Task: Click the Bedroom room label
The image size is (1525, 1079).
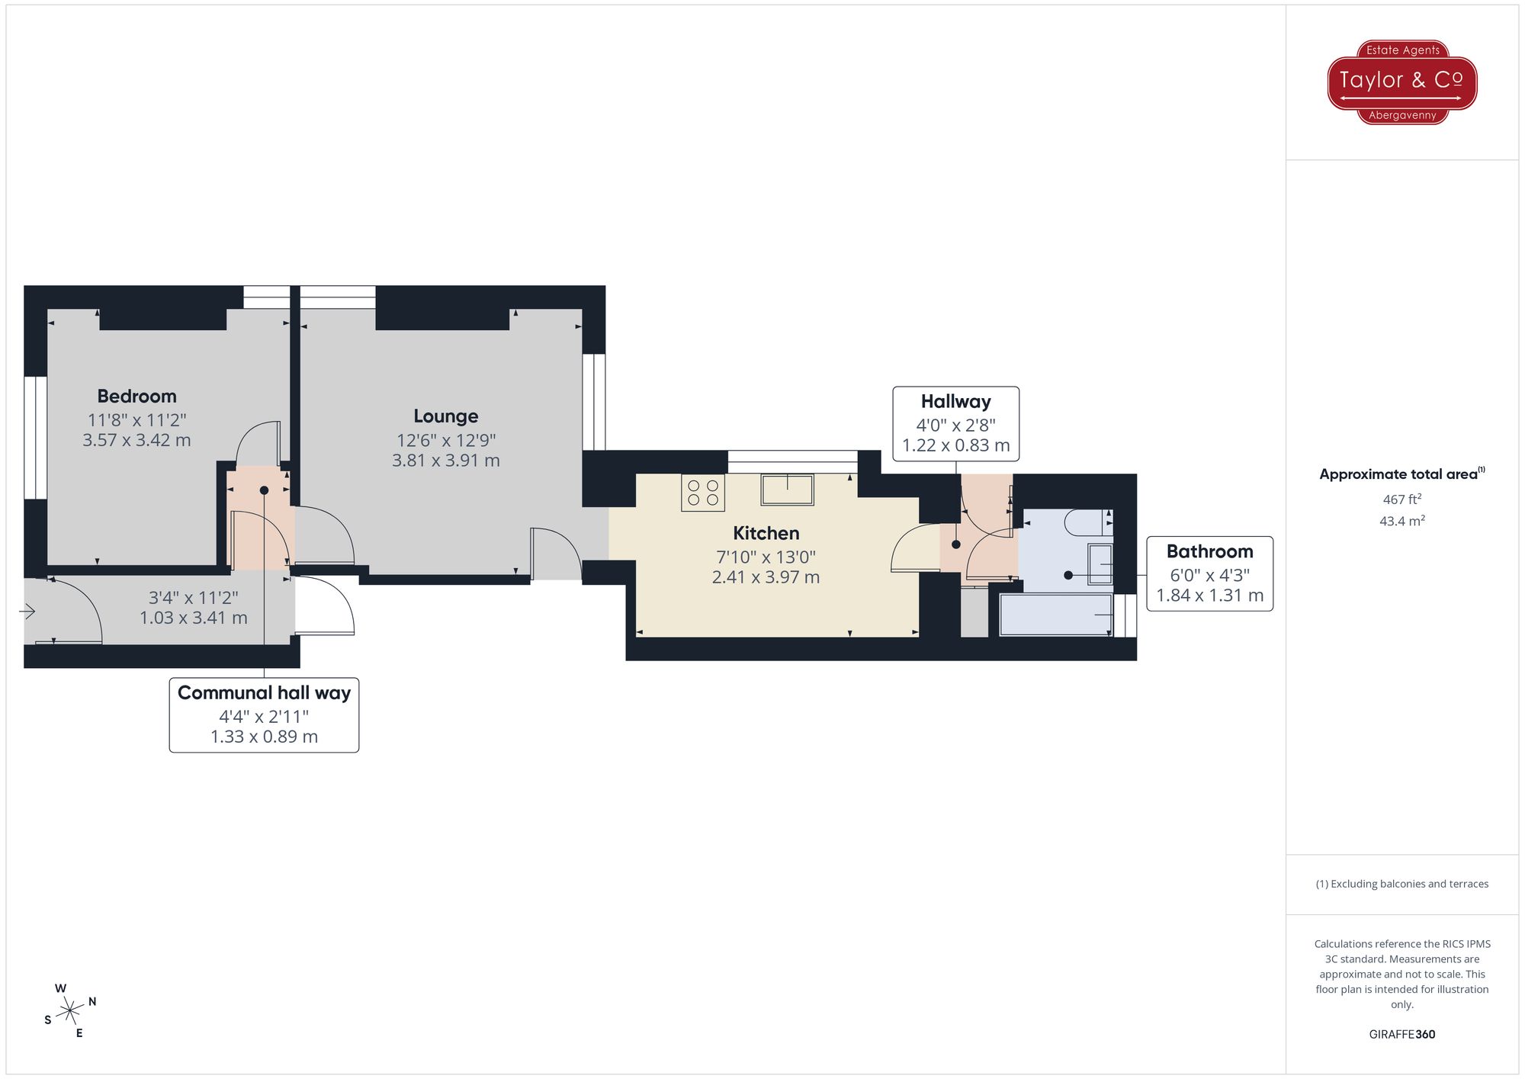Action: (136, 397)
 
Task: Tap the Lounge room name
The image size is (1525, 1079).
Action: (446, 416)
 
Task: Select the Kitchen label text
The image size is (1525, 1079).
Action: (766, 534)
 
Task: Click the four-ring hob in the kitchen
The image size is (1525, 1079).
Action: (703, 493)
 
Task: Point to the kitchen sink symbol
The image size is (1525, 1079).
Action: (787, 490)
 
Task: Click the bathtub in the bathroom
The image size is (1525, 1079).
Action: (1056, 615)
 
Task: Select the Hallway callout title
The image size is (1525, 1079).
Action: (955, 402)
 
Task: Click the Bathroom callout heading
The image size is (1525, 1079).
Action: (1209, 552)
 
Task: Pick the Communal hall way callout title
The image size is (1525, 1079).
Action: (264, 693)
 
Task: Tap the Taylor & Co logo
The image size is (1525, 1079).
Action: (1401, 82)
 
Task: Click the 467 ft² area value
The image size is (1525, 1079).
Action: (1401, 499)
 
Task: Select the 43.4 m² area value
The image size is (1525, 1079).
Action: (1401, 521)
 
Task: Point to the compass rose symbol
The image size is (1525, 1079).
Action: (70, 1011)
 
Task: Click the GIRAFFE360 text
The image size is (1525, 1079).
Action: (1401, 1035)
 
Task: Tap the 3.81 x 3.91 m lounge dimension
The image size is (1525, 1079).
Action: (446, 461)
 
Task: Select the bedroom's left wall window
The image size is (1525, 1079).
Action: (35, 438)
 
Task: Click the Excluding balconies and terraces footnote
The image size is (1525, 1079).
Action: (1401, 884)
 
